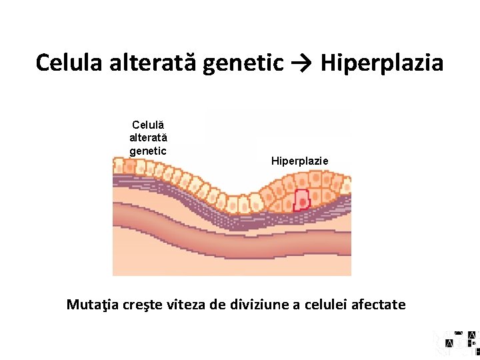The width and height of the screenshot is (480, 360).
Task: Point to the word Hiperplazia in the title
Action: (x=382, y=64)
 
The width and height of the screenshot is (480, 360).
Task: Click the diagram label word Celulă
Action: (x=148, y=125)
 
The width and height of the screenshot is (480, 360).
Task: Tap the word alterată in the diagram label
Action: (x=148, y=137)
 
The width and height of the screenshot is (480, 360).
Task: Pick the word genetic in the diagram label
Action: (x=148, y=151)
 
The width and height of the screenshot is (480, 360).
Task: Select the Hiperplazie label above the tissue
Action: (x=299, y=161)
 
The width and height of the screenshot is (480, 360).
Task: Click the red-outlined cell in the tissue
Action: (x=302, y=199)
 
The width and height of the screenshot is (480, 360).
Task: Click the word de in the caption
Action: (x=217, y=305)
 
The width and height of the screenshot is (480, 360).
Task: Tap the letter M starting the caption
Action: (x=73, y=305)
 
